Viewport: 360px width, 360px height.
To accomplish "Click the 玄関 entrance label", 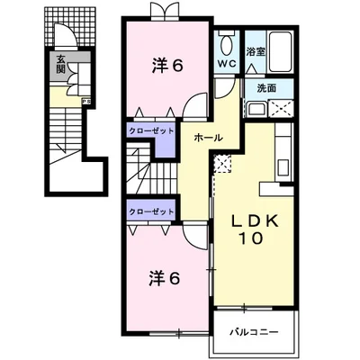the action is (60, 65).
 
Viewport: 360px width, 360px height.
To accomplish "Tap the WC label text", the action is (227, 64).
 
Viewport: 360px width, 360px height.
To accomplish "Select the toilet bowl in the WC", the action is (227, 44).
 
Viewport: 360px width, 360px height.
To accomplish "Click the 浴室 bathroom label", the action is (256, 52).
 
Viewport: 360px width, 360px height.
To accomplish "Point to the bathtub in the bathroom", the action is (280, 51).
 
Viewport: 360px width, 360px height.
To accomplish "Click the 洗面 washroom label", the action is (266, 88).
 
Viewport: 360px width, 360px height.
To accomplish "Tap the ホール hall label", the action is (208, 138).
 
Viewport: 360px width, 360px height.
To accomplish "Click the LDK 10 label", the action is (251, 229).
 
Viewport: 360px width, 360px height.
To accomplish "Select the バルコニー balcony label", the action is (255, 332).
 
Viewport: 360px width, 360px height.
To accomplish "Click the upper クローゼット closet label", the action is (151, 131).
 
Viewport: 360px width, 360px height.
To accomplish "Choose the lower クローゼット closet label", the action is (151, 211).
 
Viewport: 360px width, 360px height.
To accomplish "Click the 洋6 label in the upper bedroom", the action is (167, 66).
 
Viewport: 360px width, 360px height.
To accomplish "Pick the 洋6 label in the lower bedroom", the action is (165, 279).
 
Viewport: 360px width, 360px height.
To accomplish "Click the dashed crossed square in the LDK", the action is (222, 163).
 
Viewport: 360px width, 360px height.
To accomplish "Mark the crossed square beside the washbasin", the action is (281, 108).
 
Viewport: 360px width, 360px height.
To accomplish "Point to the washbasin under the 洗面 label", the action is (256, 109).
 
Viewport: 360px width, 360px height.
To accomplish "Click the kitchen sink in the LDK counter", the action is (283, 166).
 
